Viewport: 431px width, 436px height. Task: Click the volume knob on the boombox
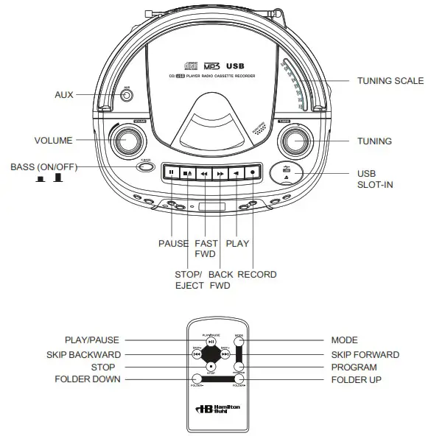(x=127, y=140)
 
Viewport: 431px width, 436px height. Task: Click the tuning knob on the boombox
(x=295, y=140)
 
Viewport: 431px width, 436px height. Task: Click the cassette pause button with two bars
(x=171, y=173)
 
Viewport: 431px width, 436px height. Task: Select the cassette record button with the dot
(x=252, y=173)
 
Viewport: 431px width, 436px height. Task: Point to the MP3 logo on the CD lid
(x=211, y=66)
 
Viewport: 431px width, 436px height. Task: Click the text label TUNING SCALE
(x=390, y=81)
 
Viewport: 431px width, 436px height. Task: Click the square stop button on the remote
(x=211, y=365)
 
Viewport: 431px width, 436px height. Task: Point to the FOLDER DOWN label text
(x=88, y=379)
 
